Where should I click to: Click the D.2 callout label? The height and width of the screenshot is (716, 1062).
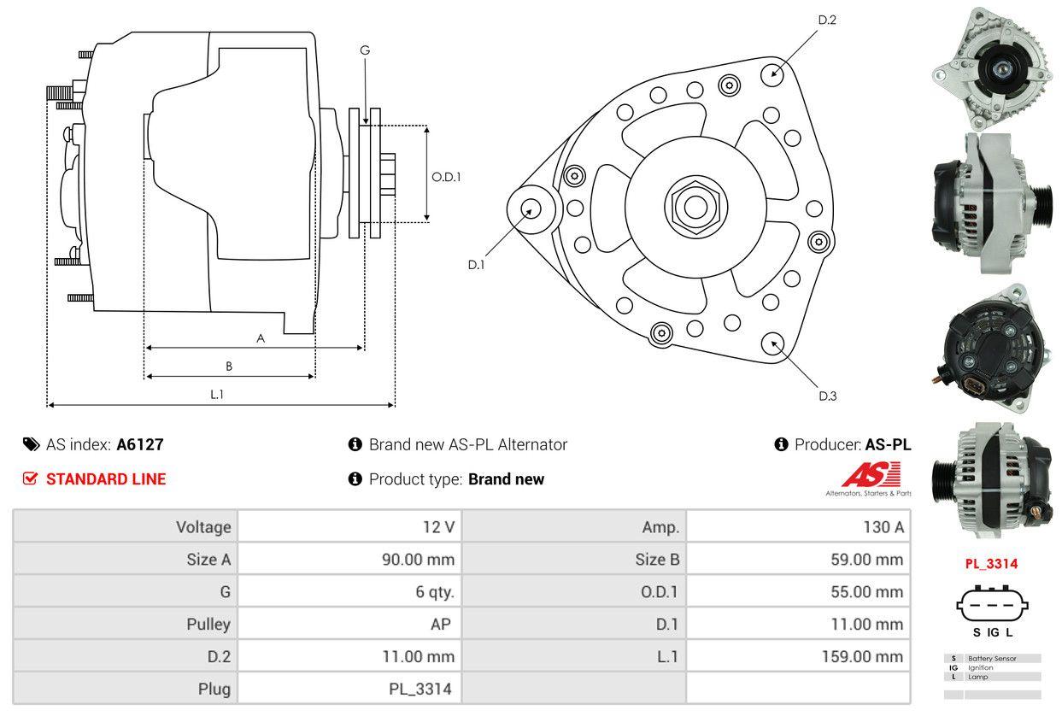click(826, 20)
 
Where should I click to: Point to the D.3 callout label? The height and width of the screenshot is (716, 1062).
click(827, 396)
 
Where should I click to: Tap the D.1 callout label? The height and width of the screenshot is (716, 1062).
click(476, 265)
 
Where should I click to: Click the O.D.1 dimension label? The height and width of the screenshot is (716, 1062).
click(446, 177)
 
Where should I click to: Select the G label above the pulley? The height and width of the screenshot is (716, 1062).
click(365, 50)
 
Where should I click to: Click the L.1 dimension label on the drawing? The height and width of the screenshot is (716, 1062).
click(217, 394)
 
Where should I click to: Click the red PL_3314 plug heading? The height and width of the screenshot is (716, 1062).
click(991, 564)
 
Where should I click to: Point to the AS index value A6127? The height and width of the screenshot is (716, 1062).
click(139, 444)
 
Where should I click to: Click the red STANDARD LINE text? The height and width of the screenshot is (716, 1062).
click(106, 479)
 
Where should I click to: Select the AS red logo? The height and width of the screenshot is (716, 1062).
click(871, 473)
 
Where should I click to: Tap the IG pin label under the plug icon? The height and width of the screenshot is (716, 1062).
click(993, 633)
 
